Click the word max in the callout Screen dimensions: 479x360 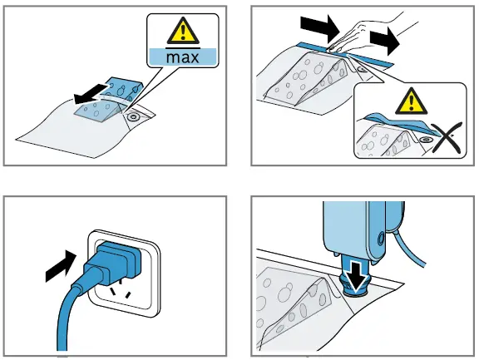click(182, 57)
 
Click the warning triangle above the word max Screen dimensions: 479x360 click(183, 31)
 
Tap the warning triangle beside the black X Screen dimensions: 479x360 click(411, 101)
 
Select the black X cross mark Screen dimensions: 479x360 click(447, 138)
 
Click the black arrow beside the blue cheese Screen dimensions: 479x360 click(90, 95)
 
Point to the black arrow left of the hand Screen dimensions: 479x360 click(320, 27)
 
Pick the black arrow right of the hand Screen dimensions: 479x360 click(384, 41)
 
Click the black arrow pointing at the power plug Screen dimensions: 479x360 click(61, 266)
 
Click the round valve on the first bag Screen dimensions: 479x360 click(133, 116)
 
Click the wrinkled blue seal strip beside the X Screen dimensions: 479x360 click(400, 124)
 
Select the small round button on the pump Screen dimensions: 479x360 click(380, 237)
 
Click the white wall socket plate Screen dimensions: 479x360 click(124, 274)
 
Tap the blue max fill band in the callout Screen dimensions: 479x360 click(183, 57)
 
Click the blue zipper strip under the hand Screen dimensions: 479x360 click(345, 54)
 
